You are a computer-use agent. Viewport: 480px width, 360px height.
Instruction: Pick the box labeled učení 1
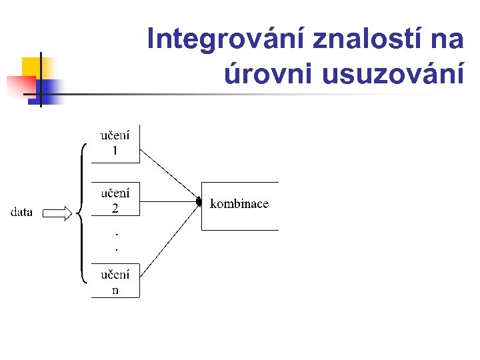pyautogui.click(x=115, y=143)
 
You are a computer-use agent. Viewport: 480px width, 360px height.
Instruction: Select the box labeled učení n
pyautogui.click(x=115, y=281)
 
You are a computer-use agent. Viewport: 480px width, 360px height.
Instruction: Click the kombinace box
pyautogui.click(x=239, y=205)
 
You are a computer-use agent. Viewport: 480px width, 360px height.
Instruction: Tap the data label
pyautogui.click(x=22, y=213)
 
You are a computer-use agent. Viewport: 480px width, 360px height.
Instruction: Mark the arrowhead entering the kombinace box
pyautogui.click(x=199, y=202)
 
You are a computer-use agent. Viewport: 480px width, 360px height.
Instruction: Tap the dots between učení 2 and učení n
pyautogui.click(x=117, y=241)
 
